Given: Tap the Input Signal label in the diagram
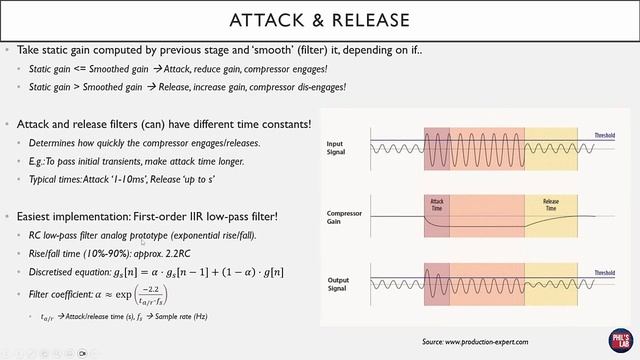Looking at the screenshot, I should tap(342, 148).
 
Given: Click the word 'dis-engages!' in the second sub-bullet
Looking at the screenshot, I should tap(315, 87).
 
